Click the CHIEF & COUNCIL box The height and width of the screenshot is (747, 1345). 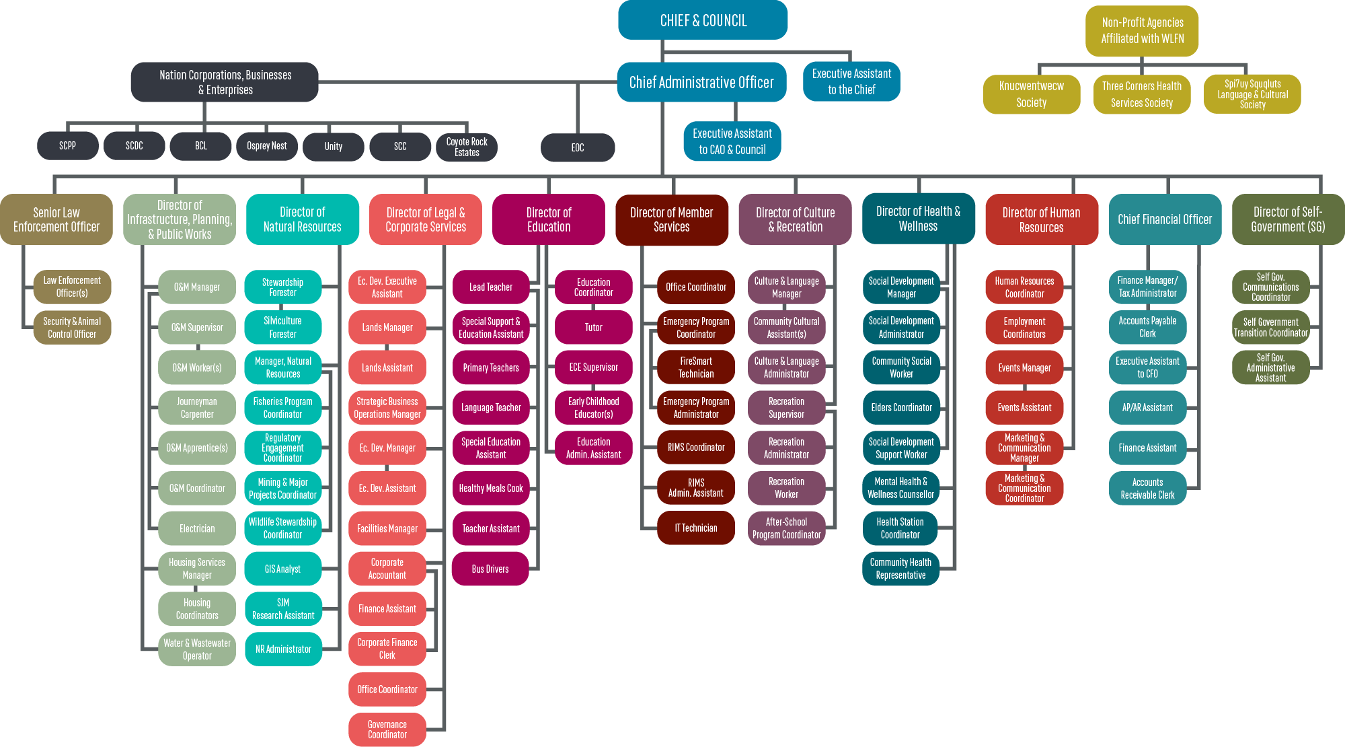coord(703,20)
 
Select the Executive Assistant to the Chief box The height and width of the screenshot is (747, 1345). coord(851,81)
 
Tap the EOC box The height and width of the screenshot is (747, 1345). coord(578,147)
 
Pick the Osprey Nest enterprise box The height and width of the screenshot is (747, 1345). coord(267,146)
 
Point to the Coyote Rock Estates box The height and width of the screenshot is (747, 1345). coord(467,147)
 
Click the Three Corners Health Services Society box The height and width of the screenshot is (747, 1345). coord(1142,94)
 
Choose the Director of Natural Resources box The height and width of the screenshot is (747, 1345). coord(302,219)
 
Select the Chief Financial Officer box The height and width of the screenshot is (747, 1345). coord(1165,219)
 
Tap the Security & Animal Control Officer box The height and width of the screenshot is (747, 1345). coord(72,328)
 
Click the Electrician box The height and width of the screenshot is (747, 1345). coord(197,528)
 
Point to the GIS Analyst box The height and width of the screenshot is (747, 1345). coord(283,569)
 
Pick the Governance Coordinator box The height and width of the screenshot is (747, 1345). coord(387,730)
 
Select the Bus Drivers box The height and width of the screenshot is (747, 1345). coord(490,569)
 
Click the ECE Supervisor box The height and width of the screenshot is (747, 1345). coord(593,367)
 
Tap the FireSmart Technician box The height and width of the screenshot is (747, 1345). coord(696,367)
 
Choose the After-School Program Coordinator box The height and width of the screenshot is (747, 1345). coord(787,528)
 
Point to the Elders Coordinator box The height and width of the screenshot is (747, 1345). coord(901,408)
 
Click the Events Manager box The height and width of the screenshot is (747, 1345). coord(1024,367)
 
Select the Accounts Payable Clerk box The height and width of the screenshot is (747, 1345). coord(1147,328)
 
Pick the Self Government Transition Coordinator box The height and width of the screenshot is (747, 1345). coord(1270,328)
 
